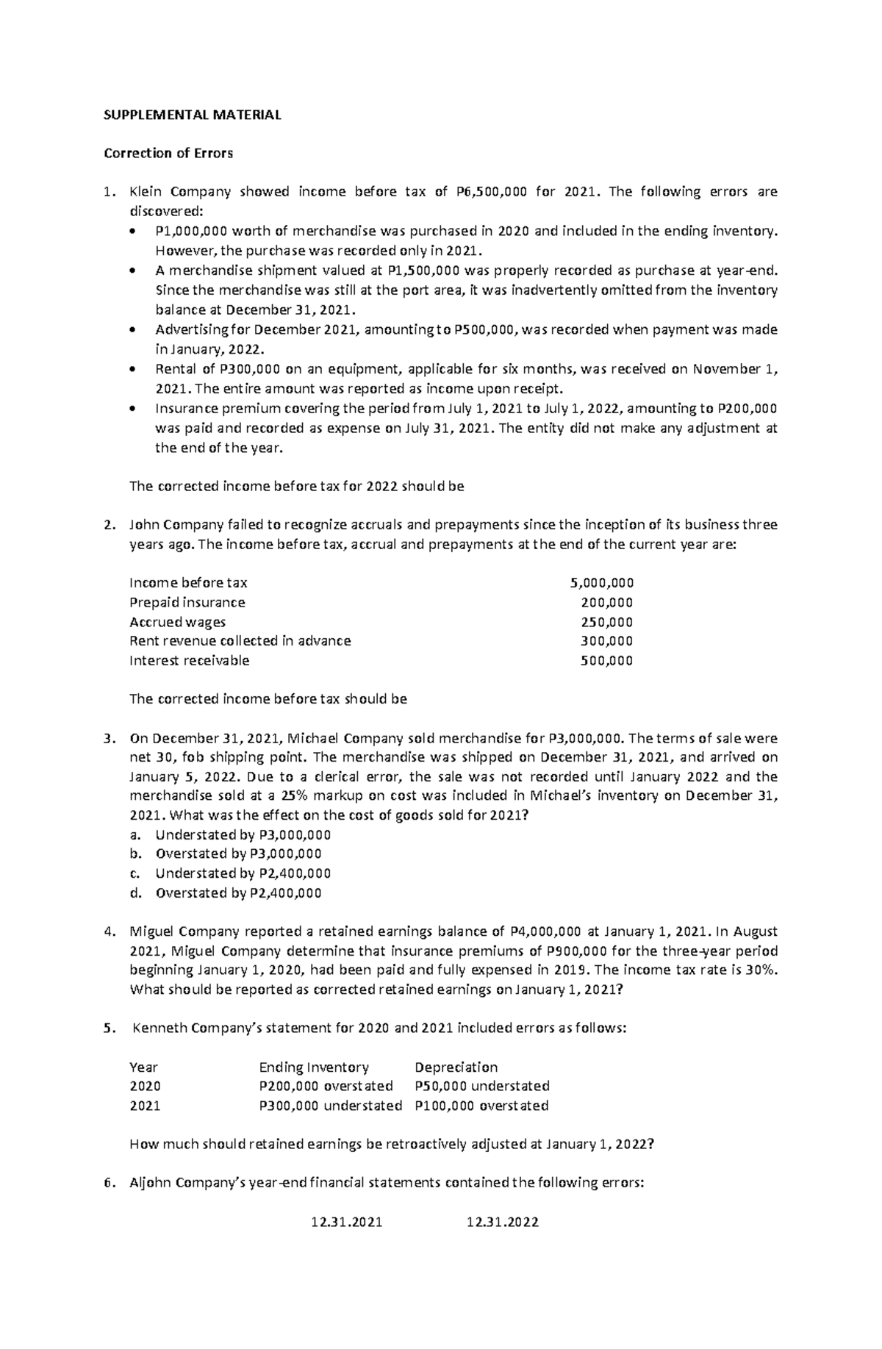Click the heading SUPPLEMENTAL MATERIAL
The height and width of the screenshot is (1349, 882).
tap(192, 115)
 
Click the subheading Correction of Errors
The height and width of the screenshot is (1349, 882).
tap(168, 153)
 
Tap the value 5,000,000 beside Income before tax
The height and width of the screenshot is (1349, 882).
tap(601, 583)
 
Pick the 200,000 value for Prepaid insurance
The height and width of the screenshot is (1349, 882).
tap(606, 602)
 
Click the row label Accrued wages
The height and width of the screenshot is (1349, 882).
tap(177, 622)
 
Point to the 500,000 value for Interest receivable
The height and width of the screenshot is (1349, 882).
tap(606, 660)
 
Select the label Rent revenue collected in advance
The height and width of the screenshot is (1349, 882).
tap(240, 641)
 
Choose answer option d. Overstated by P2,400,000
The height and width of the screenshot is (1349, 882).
tap(238, 893)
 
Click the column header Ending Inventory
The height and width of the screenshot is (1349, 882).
tap(314, 1067)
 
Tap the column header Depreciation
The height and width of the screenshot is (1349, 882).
tap(456, 1067)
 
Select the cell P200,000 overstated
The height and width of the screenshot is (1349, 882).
tap(326, 1086)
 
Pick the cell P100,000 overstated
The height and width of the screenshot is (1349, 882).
tap(481, 1106)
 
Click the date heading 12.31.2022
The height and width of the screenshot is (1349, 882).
tap(503, 1223)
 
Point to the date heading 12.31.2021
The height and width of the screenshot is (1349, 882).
tap(347, 1223)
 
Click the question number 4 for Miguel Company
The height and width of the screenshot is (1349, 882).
tap(108, 931)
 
